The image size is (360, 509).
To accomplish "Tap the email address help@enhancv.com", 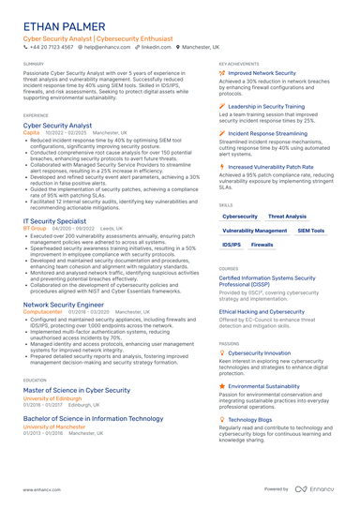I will [106, 47].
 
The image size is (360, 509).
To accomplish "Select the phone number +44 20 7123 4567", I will [52, 47].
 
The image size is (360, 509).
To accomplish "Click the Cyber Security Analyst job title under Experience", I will [57, 125].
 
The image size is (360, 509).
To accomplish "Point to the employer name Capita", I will [31, 132].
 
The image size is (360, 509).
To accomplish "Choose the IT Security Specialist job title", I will [55, 221].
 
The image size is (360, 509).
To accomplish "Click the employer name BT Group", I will [34, 229].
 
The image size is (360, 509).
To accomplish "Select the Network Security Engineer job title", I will [63, 305].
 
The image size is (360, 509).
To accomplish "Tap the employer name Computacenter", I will [43, 312].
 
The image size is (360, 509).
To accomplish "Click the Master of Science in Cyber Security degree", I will [77, 389].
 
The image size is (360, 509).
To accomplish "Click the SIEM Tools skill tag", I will [311, 231].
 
